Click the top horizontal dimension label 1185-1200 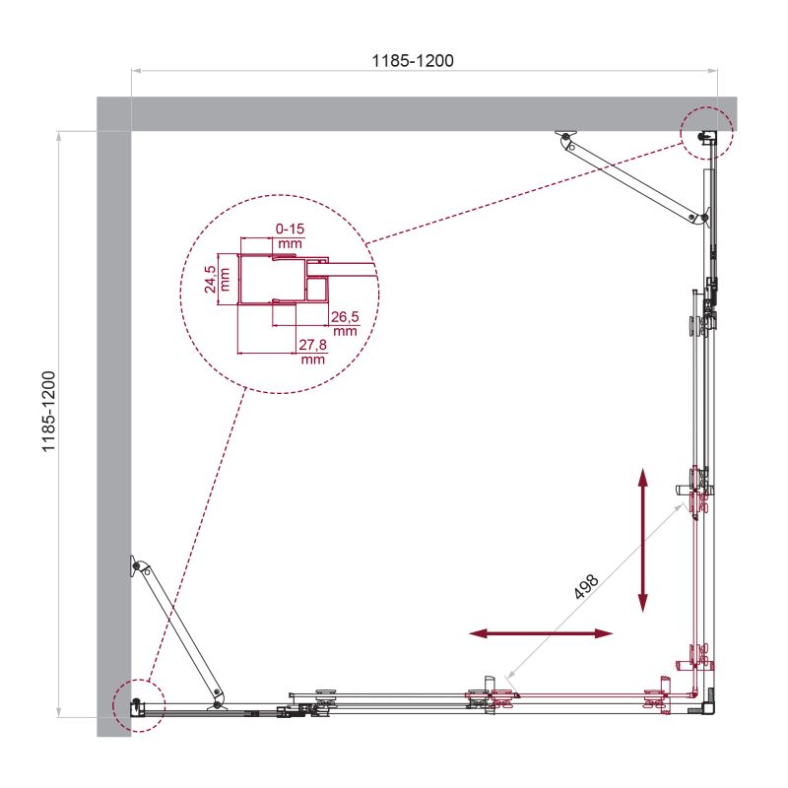412,60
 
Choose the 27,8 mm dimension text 312,352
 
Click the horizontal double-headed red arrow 540,634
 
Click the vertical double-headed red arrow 643,540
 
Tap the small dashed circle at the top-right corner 706,132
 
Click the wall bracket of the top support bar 564,136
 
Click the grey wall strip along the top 414,112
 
